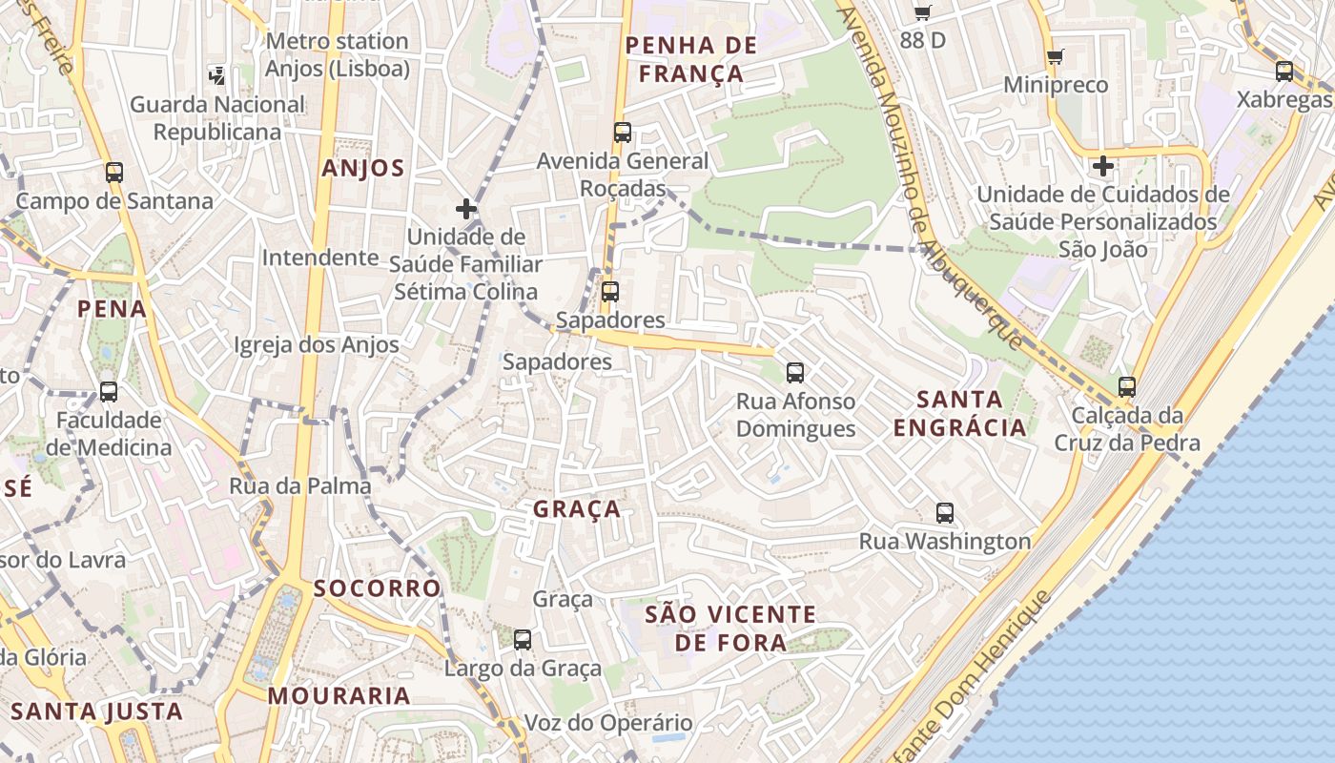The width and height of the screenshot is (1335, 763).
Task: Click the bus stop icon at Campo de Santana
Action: pyautogui.click(x=114, y=173)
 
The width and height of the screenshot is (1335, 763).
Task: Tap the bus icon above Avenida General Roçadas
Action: pyautogui.click(x=623, y=133)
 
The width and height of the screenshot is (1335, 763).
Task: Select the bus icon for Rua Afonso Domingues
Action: pyautogui.click(x=794, y=373)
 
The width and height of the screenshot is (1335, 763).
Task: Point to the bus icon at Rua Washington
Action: pyautogui.click(x=945, y=513)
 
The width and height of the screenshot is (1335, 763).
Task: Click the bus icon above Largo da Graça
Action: pyautogui.click(x=523, y=640)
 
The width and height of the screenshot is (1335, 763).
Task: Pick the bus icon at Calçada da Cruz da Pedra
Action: pyautogui.click(x=1127, y=387)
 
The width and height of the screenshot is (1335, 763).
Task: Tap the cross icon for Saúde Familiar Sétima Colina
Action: pyautogui.click(x=466, y=208)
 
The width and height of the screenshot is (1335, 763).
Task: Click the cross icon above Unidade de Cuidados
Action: pyautogui.click(x=1103, y=166)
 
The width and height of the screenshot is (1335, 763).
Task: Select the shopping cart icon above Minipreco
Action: pyautogui.click(x=1055, y=57)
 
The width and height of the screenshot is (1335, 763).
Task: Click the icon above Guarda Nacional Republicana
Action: pyautogui.click(x=217, y=74)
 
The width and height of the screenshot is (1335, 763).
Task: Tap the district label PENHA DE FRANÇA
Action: pyautogui.click(x=691, y=59)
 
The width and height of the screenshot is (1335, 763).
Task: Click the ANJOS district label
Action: pyautogui.click(x=363, y=169)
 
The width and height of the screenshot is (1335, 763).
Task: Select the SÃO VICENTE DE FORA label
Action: pyautogui.click(x=730, y=629)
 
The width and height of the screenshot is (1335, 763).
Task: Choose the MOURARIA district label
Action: pyautogui.click(x=339, y=696)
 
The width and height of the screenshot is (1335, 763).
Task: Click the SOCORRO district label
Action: pyautogui.click(x=378, y=588)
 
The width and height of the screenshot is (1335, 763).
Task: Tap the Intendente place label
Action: pyautogui.click(x=320, y=258)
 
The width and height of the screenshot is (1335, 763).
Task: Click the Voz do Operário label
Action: pyautogui.click(x=608, y=723)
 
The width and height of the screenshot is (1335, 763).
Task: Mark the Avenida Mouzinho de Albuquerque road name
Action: pyautogui.click(x=930, y=181)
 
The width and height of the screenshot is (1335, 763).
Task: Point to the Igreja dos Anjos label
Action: pyautogui.click(x=317, y=345)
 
